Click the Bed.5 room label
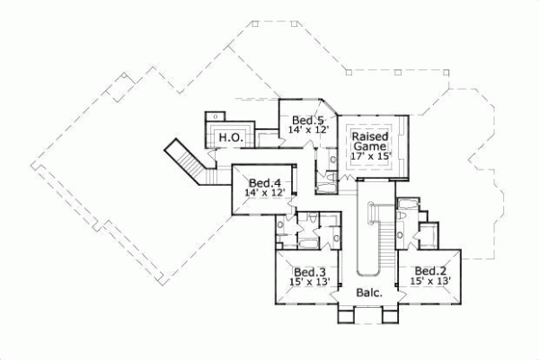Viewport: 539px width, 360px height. point(307,120)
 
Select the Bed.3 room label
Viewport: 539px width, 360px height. point(309,271)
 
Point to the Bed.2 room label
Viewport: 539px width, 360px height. point(429,271)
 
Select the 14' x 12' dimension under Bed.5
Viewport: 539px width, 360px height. point(309,131)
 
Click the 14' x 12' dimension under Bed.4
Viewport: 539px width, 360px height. point(265,191)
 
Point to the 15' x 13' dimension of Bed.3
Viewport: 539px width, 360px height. point(309,282)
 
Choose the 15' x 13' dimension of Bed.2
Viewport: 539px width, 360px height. point(429,282)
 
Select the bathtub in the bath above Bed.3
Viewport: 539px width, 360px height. point(305,242)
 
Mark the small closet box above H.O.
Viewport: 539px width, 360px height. point(215,117)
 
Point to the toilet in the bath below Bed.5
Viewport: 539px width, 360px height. point(326,180)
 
